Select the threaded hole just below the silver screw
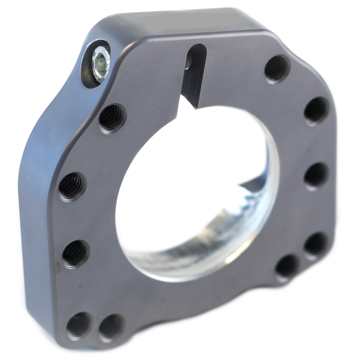click(112, 118)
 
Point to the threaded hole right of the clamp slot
click(277, 68)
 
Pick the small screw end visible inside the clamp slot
click(189, 63)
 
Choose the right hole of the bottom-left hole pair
click(111, 327)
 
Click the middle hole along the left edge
click(72, 186)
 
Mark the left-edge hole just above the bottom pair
click(75, 253)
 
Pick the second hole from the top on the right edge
click(316, 110)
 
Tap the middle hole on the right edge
click(316, 175)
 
